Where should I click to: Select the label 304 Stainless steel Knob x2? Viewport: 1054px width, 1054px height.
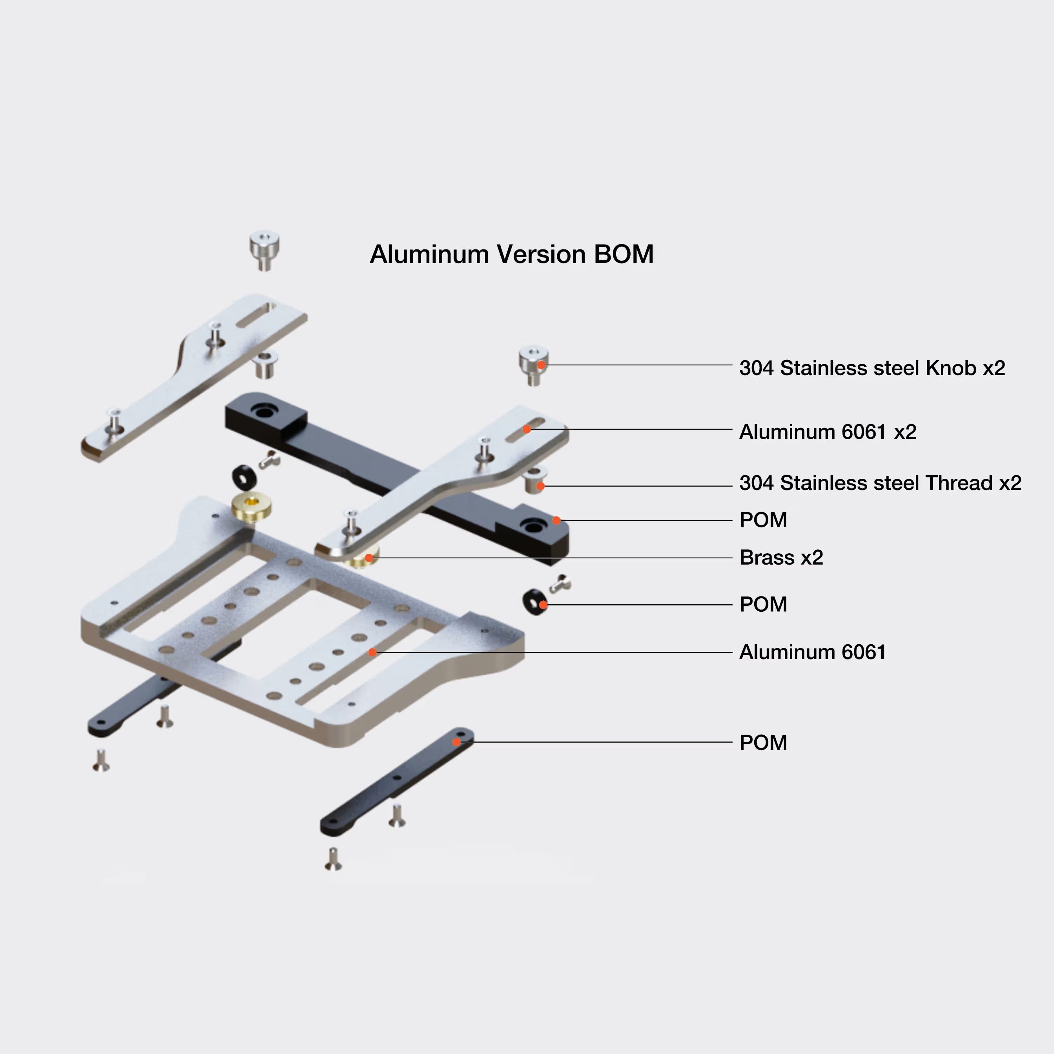tap(871, 368)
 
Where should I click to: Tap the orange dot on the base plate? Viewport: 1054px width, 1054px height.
tap(372, 652)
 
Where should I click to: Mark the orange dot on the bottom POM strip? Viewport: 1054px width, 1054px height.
tap(456, 742)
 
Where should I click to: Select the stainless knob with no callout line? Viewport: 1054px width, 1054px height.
tap(264, 249)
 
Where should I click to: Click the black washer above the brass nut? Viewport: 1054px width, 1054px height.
tap(245, 478)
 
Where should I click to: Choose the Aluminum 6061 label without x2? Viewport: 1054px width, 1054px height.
tap(812, 652)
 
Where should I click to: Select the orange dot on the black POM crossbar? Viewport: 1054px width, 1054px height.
tap(556, 520)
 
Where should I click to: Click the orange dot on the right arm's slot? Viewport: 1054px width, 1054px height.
tap(526, 429)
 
